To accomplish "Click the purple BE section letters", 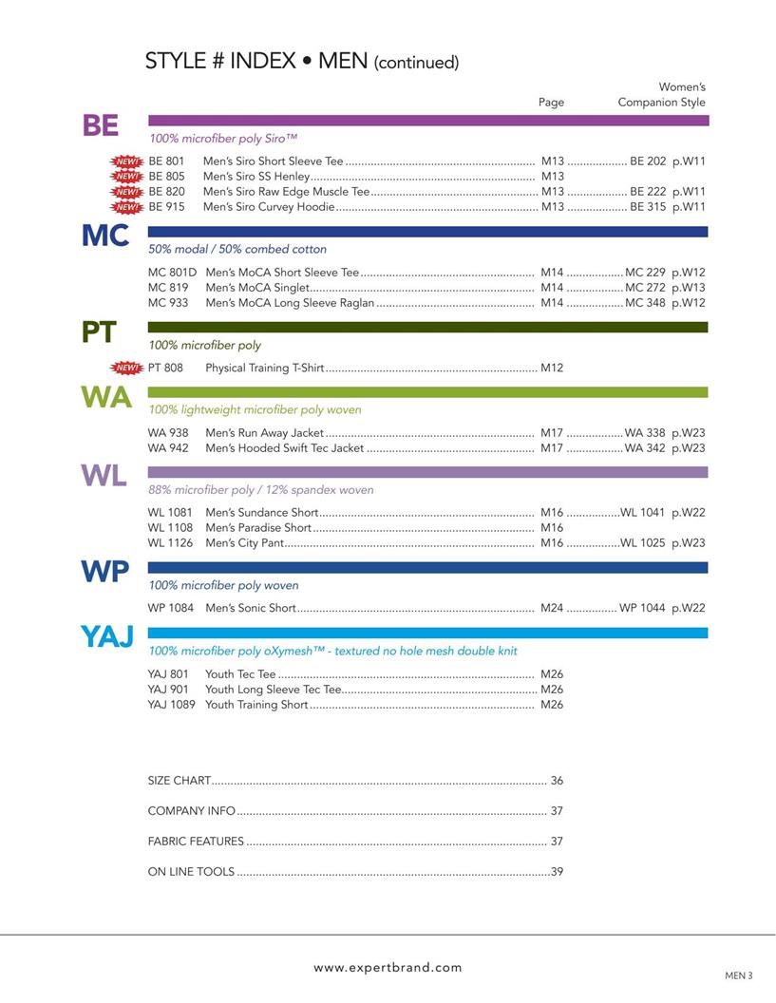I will click(101, 126).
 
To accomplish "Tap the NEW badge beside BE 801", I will click(126, 161).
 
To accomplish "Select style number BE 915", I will click(167, 207).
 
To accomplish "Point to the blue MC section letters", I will click(104, 237).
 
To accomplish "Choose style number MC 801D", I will click(172, 273).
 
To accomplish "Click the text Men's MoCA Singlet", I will click(256, 288).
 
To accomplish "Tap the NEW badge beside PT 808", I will click(126, 368).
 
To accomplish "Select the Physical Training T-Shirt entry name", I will click(264, 368).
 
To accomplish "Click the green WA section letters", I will click(106, 398).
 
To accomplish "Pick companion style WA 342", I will click(645, 448).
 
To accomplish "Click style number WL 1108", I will click(170, 528).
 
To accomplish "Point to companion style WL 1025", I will click(643, 543).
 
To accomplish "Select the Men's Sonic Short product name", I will click(251, 608).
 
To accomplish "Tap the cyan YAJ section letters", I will click(107, 637).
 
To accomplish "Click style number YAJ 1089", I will click(171, 705).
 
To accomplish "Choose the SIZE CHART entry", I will click(180, 781).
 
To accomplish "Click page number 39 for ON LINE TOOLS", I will click(557, 872).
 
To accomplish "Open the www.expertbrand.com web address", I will click(388, 968).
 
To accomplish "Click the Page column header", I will click(551, 103).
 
